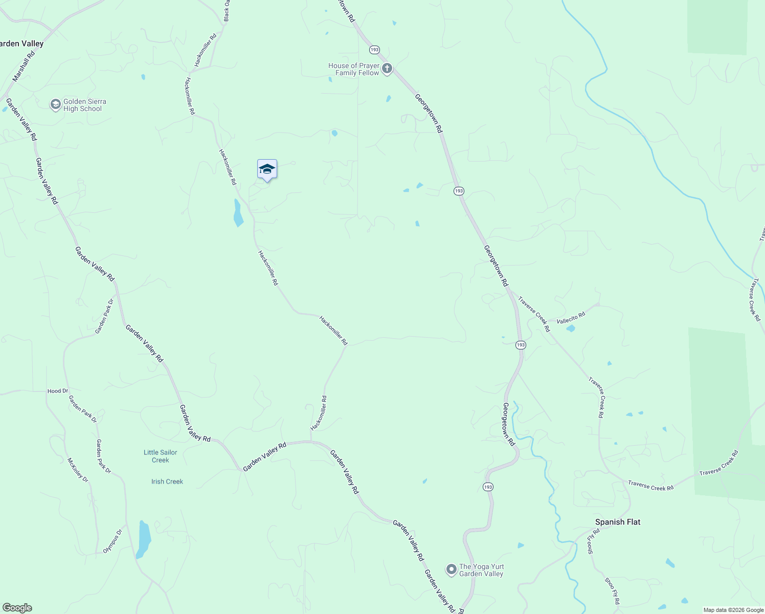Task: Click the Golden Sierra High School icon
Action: coord(55,105)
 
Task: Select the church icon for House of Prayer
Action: coord(387,69)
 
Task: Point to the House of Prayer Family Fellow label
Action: coord(354,69)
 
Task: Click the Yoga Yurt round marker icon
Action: coord(451,569)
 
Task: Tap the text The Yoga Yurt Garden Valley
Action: coord(481,570)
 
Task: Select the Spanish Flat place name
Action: coord(617,522)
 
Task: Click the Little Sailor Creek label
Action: coord(160,456)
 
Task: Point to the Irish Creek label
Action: coord(167,481)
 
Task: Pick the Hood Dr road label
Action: coord(58,391)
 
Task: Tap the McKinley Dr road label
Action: coord(78,470)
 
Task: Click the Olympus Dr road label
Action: coord(113,541)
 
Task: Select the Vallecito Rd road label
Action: coord(570,318)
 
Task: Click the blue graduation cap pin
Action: coord(267,169)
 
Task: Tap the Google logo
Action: coord(17,608)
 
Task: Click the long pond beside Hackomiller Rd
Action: coord(238,213)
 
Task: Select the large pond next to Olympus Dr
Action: coord(144,539)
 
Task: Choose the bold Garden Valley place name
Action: coord(20,43)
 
